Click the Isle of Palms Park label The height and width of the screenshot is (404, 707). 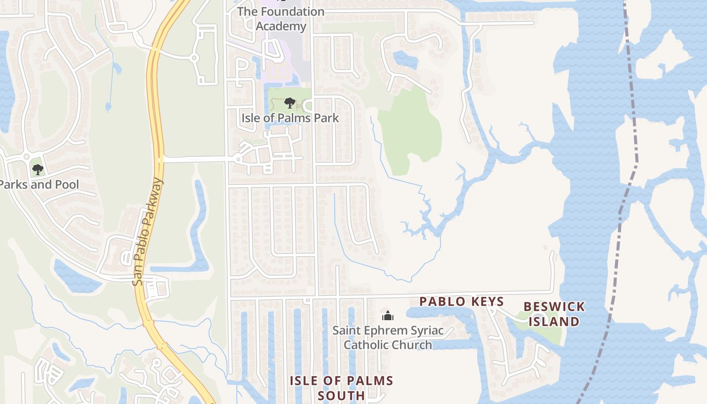[290, 118]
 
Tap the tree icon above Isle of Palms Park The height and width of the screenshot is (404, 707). [289, 103]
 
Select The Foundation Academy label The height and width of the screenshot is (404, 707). [281, 19]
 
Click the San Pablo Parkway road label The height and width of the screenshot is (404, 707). [148, 232]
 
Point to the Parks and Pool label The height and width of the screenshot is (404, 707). [39, 184]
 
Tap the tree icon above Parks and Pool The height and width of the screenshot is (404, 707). [37, 169]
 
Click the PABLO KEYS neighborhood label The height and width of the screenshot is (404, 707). [462, 302]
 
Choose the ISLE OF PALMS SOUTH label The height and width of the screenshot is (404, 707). [341, 388]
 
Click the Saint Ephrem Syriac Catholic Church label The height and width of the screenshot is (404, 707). [388, 338]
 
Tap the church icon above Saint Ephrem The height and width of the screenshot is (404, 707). [388, 316]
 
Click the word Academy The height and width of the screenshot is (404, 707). [281, 26]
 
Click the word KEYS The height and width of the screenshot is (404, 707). [485, 302]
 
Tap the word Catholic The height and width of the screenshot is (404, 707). [371, 345]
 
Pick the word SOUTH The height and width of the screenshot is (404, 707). [341, 395]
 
